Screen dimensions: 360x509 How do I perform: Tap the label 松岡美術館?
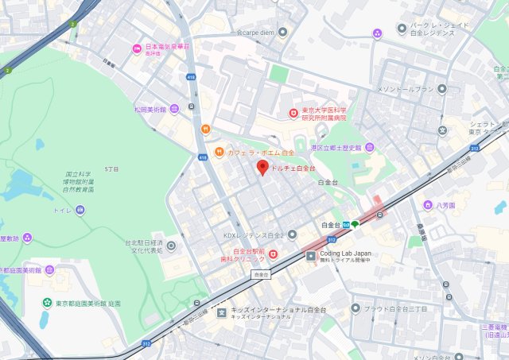click(x=150, y=109)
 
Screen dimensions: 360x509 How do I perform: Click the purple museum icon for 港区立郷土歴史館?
click(x=369, y=148)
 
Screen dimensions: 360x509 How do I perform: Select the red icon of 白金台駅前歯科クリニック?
click(x=273, y=254)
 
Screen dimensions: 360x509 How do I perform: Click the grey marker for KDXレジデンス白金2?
click(x=292, y=234)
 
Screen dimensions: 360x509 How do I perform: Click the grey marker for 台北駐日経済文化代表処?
click(x=172, y=246)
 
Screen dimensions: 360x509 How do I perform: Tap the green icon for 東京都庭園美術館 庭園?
click(x=49, y=303)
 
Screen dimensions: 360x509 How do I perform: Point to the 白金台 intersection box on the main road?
click(x=260, y=274)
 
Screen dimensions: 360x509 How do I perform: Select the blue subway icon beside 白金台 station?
click(x=347, y=224)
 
